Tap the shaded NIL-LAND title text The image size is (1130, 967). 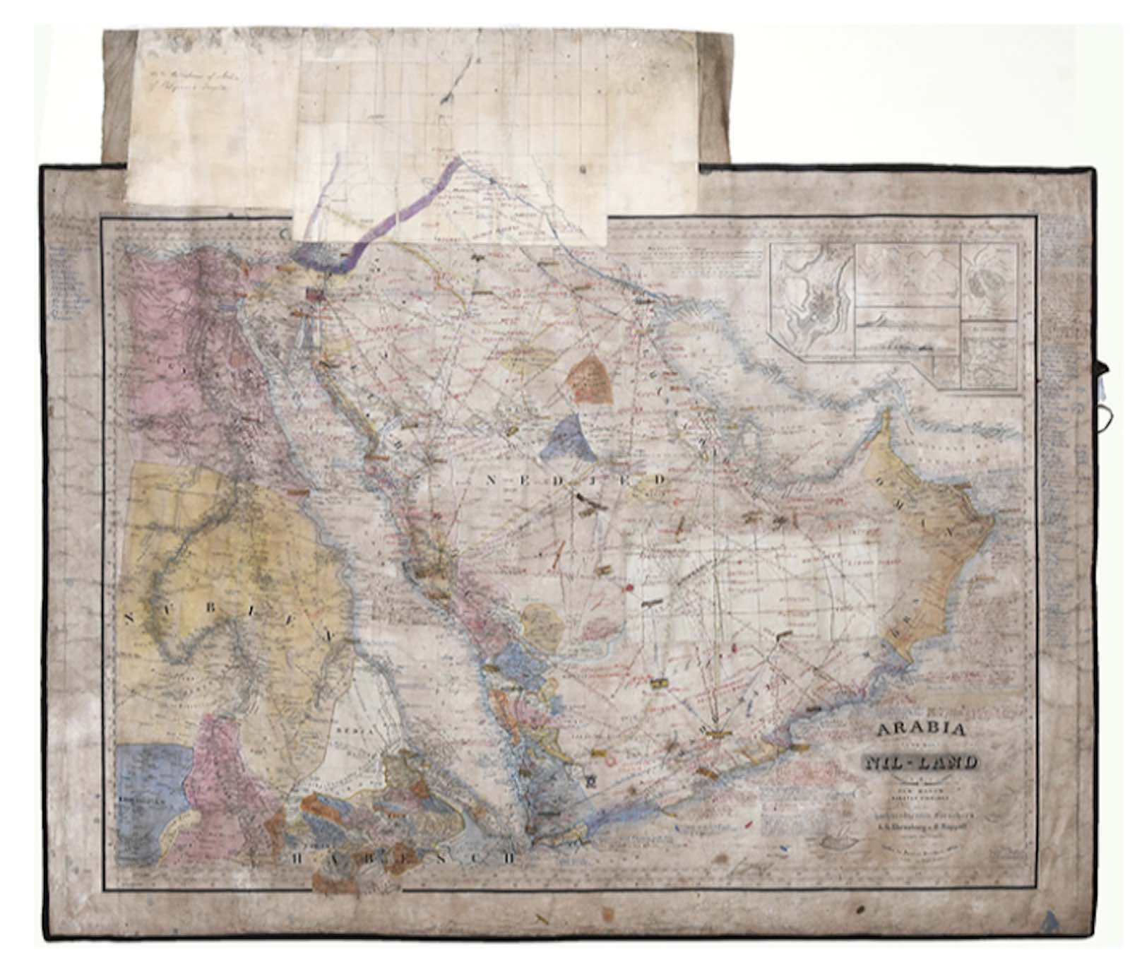[x=920, y=761]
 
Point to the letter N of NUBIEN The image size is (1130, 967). [x=129, y=618]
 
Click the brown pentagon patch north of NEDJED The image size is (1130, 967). [x=592, y=379]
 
